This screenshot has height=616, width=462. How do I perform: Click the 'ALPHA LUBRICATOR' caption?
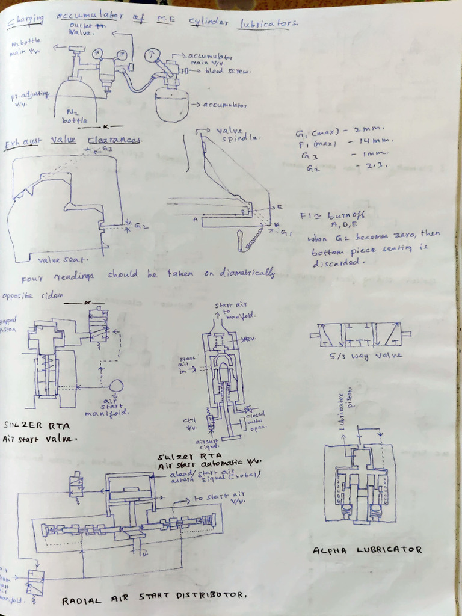368,550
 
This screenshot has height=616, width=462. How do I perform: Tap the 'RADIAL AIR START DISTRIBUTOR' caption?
155,597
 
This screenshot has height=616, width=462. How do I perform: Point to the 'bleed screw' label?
228,70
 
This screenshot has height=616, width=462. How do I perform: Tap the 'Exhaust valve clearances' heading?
73,142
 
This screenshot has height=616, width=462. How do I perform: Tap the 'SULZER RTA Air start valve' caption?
39,431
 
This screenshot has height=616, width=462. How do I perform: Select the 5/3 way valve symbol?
360,334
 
